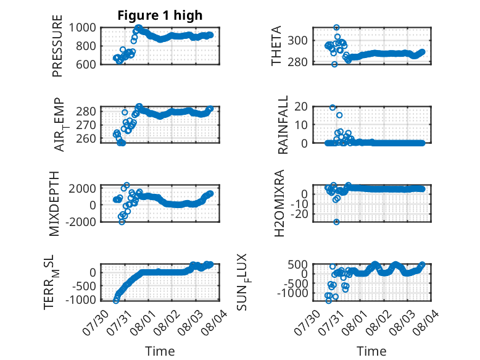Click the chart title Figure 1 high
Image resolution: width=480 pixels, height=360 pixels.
click(x=160, y=15)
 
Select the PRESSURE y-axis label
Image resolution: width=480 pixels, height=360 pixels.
click(x=57, y=46)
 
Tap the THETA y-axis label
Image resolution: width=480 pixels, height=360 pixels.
click(x=276, y=46)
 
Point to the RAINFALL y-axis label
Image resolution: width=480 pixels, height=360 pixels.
click(x=283, y=124)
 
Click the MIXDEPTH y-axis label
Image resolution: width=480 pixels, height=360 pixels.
click(x=54, y=204)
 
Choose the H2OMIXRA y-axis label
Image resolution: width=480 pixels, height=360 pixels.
click(x=279, y=203)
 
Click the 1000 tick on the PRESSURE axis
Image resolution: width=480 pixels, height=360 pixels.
click(x=82, y=28)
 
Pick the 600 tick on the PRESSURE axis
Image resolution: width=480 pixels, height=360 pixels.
click(x=85, y=64)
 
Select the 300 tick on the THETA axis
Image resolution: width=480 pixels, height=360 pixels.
click(x=297, y=40)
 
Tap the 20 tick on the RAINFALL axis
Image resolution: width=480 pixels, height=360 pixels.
click(x=301, y=107)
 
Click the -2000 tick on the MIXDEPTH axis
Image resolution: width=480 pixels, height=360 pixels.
click(x=80, y=222)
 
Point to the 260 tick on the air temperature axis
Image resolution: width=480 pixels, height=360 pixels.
click(x=86, y=139)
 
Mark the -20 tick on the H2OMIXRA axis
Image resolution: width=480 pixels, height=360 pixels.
click(x=299, y=214)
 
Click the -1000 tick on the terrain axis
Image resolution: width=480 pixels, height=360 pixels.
click(x=80, y=299)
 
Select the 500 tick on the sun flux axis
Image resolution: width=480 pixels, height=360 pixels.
click(x=298, y=264)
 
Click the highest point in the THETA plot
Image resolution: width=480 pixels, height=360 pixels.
click(x=336, y=28)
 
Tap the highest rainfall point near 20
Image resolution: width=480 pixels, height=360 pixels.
click(x=333, y=107)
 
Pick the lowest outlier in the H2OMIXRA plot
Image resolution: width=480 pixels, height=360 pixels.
click(x=336, y=222)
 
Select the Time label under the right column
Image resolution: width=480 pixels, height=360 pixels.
click(x=371, y=351)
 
